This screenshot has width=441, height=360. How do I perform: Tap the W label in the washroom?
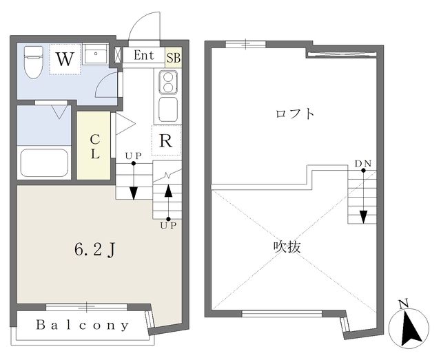64,59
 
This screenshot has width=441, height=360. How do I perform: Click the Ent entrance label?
144,56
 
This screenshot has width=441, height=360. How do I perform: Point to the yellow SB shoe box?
172,56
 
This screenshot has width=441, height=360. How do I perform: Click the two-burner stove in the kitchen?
167,83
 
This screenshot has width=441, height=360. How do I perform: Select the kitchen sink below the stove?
167,109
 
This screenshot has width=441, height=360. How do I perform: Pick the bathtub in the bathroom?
43,162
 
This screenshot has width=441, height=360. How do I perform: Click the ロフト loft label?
294,114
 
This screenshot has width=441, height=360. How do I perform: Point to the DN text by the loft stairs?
362,163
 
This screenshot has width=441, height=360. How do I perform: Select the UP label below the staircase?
168,225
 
